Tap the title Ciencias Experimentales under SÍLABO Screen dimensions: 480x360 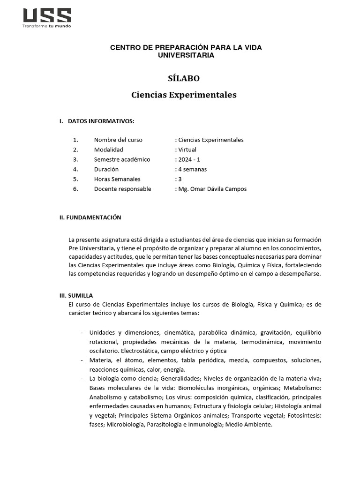click(x=184, y=95)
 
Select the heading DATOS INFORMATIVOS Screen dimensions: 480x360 click(x=101, y=121)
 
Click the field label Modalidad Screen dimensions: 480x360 click(x=108, y=150)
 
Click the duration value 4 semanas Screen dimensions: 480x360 click(x=192, y=169)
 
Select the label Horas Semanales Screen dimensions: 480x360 click(x=117, y=179)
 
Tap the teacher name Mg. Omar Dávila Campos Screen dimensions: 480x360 click(x=211, y=189)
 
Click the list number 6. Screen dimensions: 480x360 click(x=75, y=189)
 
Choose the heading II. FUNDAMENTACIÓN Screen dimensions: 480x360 click(x=90, y=217)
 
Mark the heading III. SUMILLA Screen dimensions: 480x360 click(x=76, y=295)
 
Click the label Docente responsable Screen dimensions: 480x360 click(x=122, y=189)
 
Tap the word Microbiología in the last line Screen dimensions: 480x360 click(x=126, y=425)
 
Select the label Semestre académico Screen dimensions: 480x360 click(x=122, y=159)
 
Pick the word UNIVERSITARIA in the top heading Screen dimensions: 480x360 click(x=186, y=55)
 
